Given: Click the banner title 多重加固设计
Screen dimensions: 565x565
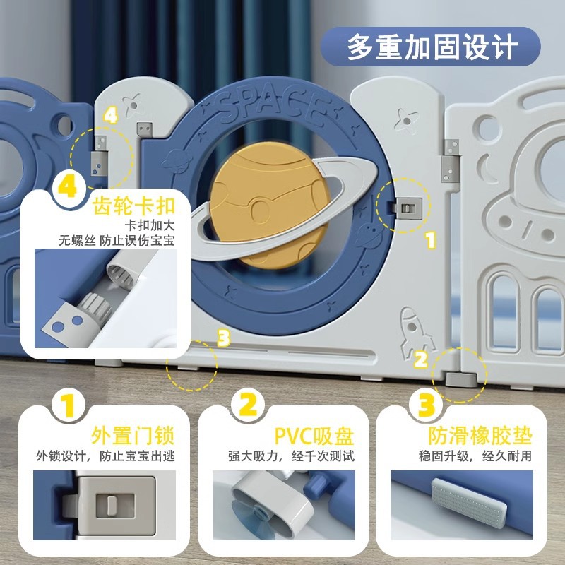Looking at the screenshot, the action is (x=432, y=47).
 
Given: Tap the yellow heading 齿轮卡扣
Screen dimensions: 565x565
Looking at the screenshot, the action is (x=134, y=206).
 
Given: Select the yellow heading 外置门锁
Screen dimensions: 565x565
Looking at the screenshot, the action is (x=133, y=436).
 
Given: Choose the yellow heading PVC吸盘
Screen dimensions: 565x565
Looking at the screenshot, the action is (x=314, y=436).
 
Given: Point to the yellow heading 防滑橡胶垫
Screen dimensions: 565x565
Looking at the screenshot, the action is (x=480, y=436).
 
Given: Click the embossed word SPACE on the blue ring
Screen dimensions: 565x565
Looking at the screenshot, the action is (x=274, y=105).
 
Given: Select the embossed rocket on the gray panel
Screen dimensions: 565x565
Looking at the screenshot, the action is (x=415, y=332).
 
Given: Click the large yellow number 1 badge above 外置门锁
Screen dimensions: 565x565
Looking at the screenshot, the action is (x=69, y=405).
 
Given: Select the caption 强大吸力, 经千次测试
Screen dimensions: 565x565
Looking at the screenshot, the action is (x=291, y=456).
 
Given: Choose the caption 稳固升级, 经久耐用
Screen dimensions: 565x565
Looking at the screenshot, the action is (x=475, y=456).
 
